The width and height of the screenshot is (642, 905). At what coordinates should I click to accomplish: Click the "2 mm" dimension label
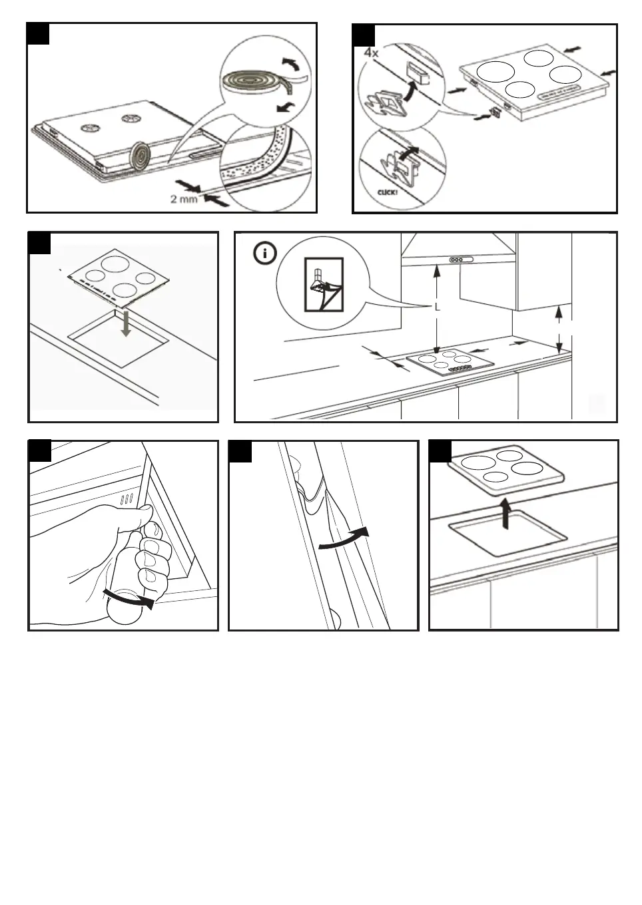click(183, 198)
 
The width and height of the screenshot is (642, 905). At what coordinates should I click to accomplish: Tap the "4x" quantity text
click(372, 52)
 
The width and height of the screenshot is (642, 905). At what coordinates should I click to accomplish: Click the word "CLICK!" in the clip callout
click(387, 192)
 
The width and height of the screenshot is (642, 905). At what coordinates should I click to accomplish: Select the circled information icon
click(266, 254)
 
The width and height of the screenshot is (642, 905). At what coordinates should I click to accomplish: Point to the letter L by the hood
click(437, 307)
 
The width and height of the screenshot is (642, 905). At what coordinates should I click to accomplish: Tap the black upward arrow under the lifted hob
click(506, 514)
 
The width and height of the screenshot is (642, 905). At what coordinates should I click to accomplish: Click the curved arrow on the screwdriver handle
click(133, 598)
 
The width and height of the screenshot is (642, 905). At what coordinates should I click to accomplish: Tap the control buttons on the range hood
click(460, 260)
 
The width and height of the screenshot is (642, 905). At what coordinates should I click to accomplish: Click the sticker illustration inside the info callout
click(323, 284)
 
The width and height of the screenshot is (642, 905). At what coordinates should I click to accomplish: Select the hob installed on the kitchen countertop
click(450, 363)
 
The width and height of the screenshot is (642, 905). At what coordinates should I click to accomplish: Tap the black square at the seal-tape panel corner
click(39, 33)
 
